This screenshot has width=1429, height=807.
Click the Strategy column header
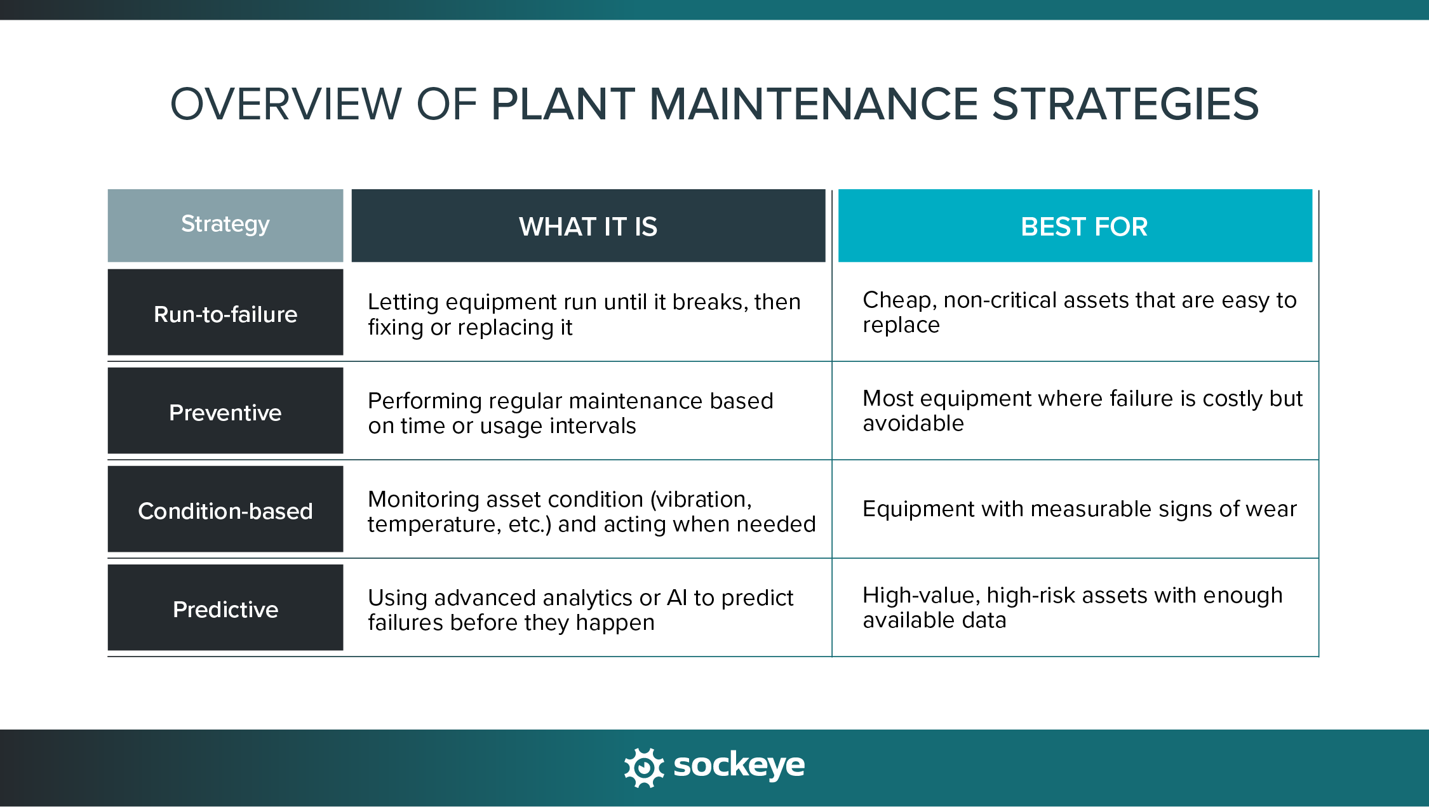coord(225,225)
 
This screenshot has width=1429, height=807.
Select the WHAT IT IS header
coord(588,227)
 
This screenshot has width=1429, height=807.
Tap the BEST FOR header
coord(1083,227)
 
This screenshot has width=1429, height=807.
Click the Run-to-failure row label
coord(225,314)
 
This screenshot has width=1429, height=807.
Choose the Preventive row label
coord(225,413)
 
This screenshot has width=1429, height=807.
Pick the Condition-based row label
coord(225,511)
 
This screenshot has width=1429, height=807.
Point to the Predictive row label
coord(225,610)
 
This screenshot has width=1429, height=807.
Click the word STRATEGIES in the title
coord(1125,105)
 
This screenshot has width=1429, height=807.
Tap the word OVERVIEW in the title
coord(286,105)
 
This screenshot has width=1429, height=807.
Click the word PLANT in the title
coord(563,105)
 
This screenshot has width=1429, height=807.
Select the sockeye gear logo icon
coord(644,767)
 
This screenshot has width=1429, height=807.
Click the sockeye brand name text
coord(739,766)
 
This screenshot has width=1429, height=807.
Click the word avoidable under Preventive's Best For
coord(913,424)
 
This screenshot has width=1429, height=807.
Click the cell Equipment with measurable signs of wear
coord(1079,509)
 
